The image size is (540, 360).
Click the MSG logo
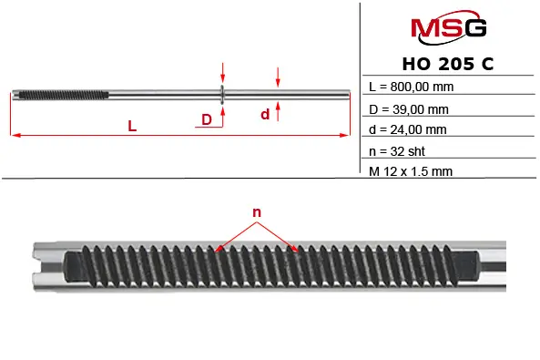(x=449, y=27)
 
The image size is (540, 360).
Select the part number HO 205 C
(x=448, y=64)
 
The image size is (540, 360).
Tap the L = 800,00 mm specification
(x=412, y=87)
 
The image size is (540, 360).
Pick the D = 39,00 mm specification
(x=409, y=109)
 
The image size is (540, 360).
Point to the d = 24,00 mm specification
(x=408, y=129)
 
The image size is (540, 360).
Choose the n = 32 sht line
(x=397, y=151)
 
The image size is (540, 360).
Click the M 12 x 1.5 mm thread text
(x=411, y=171)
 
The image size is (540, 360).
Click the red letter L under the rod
(x=132, y=126)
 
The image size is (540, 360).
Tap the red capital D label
(x=207, y=119)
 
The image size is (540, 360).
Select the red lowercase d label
(x=265, y=114)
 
